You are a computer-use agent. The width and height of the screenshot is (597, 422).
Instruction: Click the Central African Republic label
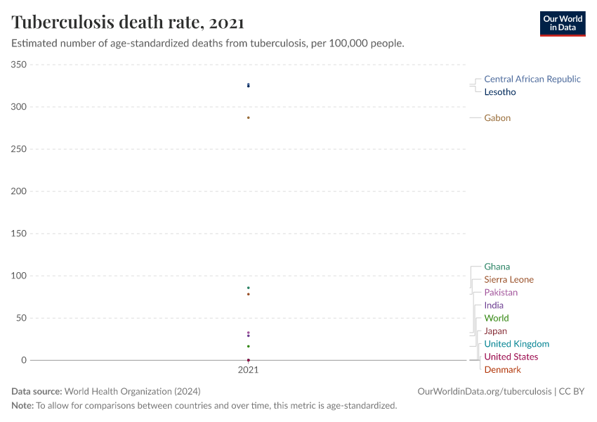(532, 79)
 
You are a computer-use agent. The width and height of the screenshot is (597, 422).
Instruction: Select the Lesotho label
(499, 92)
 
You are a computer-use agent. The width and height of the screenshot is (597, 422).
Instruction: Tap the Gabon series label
(497, 118)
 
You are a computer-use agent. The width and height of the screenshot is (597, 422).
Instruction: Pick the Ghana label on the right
(497, 267)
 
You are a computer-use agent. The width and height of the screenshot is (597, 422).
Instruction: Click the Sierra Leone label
(509, 280)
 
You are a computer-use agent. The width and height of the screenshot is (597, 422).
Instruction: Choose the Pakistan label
(501, 293)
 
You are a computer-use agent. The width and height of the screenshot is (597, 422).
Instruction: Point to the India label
(494, 305)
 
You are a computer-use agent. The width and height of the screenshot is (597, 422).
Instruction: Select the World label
(496, 319)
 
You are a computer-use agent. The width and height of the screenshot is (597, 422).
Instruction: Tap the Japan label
(495, 331)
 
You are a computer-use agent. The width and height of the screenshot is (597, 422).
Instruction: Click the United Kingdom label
(516, 344)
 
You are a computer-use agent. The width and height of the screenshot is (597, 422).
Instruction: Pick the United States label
(511, 357)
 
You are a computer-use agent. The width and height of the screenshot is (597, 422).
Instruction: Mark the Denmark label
(502, 370)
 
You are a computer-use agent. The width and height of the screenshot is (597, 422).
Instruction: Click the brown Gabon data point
(249, 117)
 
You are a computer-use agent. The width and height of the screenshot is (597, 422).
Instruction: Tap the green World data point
(249, 346)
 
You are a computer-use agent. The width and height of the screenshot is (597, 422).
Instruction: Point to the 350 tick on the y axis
(19, 65)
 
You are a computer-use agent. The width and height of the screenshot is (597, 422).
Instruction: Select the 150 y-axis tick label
(19, 234)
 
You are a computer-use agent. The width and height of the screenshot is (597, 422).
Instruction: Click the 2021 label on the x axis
(248, 370)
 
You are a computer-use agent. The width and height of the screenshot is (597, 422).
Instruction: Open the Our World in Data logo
(562, 23)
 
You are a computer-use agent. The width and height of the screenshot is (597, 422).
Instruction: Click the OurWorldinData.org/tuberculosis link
(485, 392)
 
